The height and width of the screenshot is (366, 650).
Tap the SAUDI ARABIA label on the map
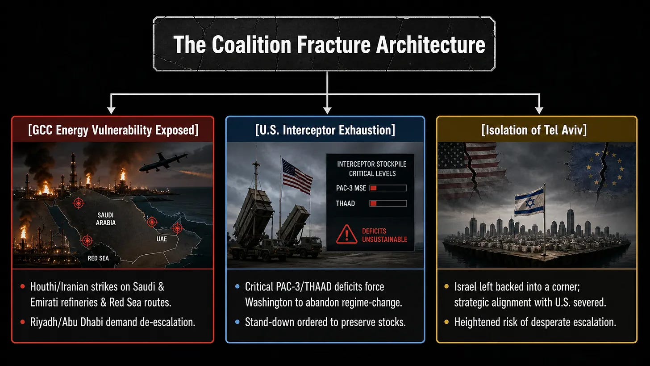click(x=106, y=219)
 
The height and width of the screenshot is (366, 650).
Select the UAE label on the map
click(x=162, y=239)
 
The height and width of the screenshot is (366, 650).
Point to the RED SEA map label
click(x=98, y=258)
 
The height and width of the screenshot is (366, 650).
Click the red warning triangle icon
click(x=346, y=235)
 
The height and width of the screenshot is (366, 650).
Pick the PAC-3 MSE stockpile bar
click(x=388, y=188)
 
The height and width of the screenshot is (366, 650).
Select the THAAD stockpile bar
click(x=388, y=203)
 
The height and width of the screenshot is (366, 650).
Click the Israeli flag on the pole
click(x=529, y=202)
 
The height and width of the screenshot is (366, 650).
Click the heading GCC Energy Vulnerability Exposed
click(x=113, y=130)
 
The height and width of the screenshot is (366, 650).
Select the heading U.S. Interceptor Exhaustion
click(x=325, y=130)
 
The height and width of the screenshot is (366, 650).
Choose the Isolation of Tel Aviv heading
click(x=534, y=130)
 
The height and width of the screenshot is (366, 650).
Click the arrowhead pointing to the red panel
click(x=111, y=110)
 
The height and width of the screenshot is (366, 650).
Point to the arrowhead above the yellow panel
click(x=539, y=110)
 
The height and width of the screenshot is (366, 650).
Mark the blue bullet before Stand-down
click(x=237, y=322)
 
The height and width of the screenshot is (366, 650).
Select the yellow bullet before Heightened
click(x=446, y=322)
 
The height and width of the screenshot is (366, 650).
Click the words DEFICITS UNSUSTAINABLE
click(x=384, y=235)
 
